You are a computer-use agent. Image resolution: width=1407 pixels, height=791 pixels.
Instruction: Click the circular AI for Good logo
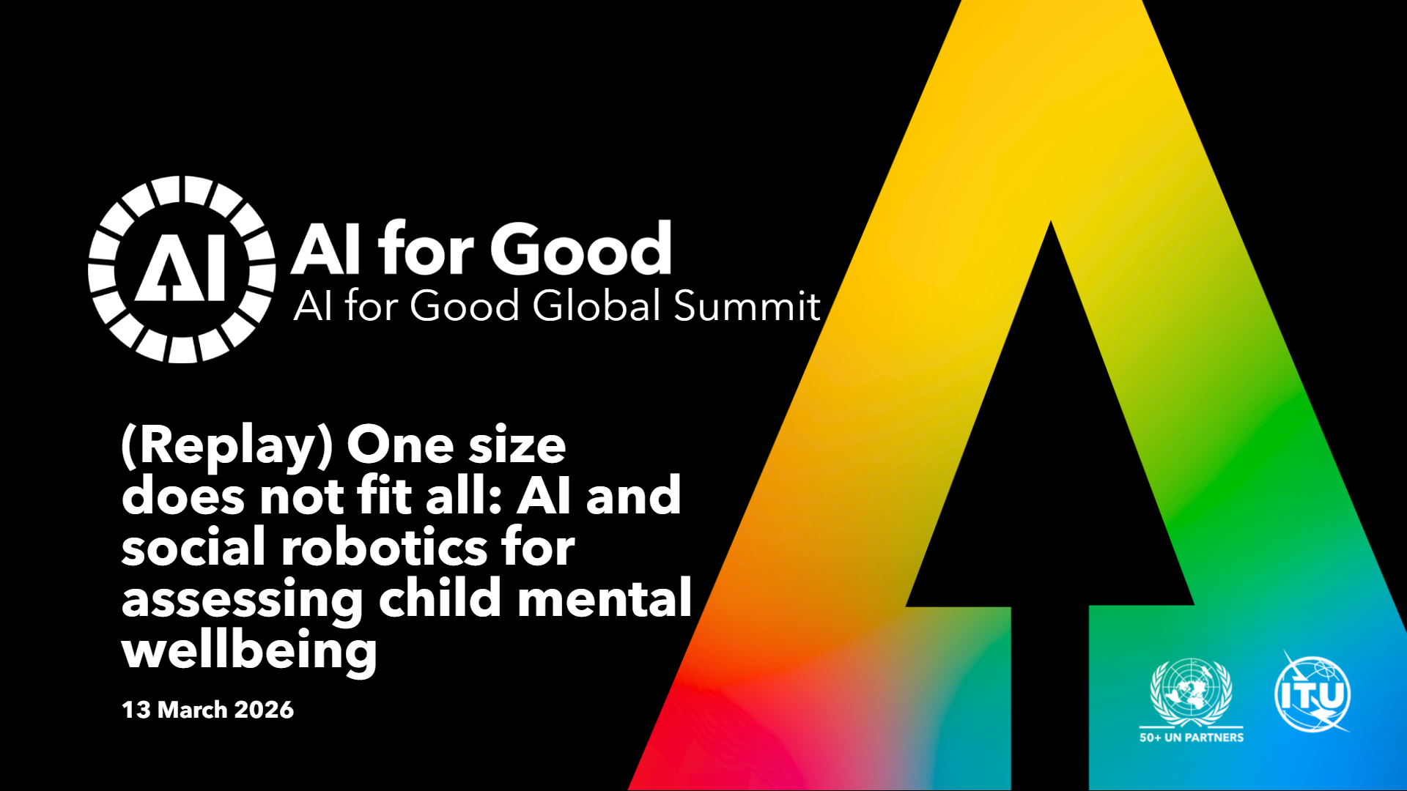[182, 269]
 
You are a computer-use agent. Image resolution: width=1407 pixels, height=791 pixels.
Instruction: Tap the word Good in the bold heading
[581, 248]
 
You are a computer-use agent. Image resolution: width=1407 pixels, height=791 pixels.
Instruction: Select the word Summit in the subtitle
[747, 305]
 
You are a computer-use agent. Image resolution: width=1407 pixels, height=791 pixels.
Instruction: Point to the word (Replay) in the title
[227, 447]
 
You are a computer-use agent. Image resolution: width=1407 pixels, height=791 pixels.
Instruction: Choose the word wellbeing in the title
[249, 651]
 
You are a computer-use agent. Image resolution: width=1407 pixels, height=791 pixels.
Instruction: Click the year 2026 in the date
[264, 710]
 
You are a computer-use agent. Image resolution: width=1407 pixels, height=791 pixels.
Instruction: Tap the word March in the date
[193, 710]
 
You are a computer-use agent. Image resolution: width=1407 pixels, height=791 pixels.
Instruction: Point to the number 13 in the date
[136, 710]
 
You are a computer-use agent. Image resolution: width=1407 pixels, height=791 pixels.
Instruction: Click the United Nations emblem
[1192, 691]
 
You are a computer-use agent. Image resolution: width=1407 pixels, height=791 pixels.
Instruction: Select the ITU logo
[1313, 692]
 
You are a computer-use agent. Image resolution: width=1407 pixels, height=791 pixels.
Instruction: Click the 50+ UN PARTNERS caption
[1192, 738]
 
